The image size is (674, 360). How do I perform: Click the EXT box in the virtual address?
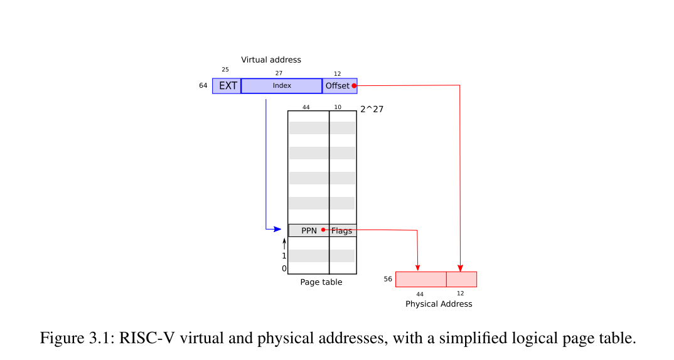pyautogui.click(x=227, y=86)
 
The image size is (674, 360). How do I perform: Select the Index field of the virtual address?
pyautogui.click(x=282, y=86)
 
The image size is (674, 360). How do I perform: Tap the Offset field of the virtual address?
pyautogui.click(x=337, y=86)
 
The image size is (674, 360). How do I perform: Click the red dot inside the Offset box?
pyautogui.click(x=354, y=86)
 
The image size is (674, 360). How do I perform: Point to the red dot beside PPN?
pyautogui.click(x=323, y=230)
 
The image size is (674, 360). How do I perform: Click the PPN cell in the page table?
pyautogui.click(x=308, y=230)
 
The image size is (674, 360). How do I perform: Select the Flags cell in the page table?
pyautogui.click(x=343, y=231)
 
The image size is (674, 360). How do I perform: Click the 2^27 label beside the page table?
pyautogui.click(x=372, y=109)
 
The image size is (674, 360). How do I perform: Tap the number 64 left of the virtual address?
pyautogui.click(x=203, y=85)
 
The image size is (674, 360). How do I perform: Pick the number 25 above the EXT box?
pyautogui.click(x=225, y=69)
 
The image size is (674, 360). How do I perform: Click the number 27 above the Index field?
pyautogui.click(x=279, y=73)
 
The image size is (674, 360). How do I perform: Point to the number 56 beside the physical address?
pyautogui.click(x=388, y=279)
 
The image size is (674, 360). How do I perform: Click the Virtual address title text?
pyautogui.click(x=271, y=60)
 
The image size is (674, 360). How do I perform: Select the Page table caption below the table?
pyautogui.click(x=321, y=282)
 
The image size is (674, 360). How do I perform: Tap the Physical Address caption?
pyautogui.click(x=439, y=304)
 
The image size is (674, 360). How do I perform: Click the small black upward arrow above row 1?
pyautogui.click(x=284, y=243)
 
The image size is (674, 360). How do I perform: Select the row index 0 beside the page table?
pyautogui.click(x=284, y=268)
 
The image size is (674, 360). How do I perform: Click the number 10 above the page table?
pyautogui.click(x=338, y=107)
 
